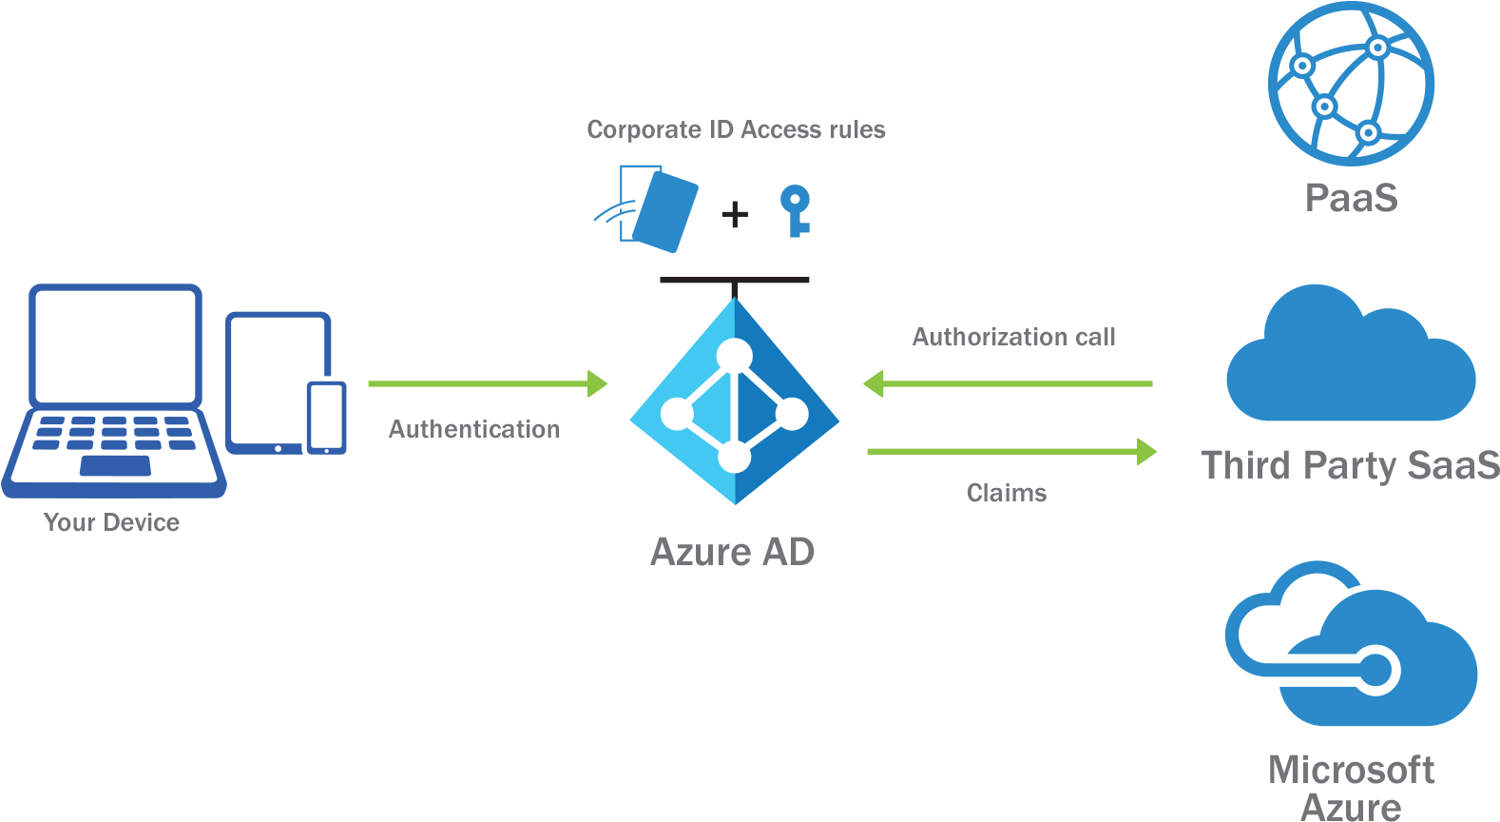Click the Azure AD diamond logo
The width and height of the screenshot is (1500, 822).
click(x=734, y=401)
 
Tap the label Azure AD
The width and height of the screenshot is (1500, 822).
click(x=732, y=552)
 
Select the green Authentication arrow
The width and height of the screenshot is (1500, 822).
click(x=487, y=384)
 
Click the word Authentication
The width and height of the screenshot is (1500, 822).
click(x=473, y=430)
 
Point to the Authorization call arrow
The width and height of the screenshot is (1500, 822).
click(x=1008, y=384)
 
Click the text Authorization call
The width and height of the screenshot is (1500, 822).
click(x=1013, y=337)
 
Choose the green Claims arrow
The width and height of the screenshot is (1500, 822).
click(x=1011, y=451)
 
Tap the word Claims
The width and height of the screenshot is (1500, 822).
click(x=1006, y=493)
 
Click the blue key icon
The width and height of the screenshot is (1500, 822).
click(x=795, y=210)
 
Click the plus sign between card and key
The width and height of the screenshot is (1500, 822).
click(x=734, y=214)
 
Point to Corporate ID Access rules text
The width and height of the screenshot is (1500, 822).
click(x=736, y=129)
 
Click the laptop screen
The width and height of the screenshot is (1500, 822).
click(x=115, y=345)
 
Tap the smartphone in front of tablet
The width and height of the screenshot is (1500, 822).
click(x=326, y=417)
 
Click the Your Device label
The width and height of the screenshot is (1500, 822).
click(x=111, y=522)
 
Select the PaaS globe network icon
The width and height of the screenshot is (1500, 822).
click(x=1350, y=84)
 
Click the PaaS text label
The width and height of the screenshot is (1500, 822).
click(x=1351, y=198)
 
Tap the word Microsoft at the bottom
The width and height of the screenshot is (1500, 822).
click(x=1351, y=770)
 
